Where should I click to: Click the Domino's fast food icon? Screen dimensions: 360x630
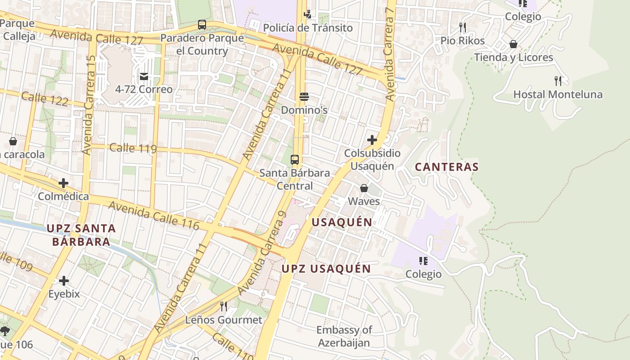click(x=304, y=97)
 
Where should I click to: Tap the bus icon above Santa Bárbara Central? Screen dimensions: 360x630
click(x=295, y=159)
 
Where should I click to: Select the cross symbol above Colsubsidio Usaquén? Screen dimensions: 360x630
click(x=372, y=140)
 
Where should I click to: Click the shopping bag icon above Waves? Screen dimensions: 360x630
click(x=364, y=188)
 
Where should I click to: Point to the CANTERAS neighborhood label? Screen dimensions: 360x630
click(x=446, y=167)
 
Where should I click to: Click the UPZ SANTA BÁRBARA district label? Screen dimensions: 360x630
click(x=81, y=235)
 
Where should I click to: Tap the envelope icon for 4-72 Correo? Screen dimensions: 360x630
click(x=144, y=76)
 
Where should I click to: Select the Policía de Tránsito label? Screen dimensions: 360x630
click(x=308, y=28)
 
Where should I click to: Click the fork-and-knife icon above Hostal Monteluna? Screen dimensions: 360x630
click(x=558, y=81)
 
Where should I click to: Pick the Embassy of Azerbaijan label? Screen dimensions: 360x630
click(x=344, y=336)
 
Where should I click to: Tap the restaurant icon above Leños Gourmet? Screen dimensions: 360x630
click(x=223, y=306)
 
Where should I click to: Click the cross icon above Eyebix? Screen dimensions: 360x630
click(x=64, y=281)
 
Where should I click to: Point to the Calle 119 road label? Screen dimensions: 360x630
click(x=133, y=148)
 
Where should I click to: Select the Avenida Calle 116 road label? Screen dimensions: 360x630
click(x=154, y=216)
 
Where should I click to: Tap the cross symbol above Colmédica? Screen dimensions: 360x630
click(x=63, y=183)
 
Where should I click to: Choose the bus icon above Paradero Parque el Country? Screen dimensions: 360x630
click(x=202, y=25)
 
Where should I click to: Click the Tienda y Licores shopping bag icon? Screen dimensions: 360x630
click(x=513, y=44)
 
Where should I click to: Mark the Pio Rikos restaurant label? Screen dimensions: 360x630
click(x=463, y=41)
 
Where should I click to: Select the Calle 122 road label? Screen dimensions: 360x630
click(x=45, y=99)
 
